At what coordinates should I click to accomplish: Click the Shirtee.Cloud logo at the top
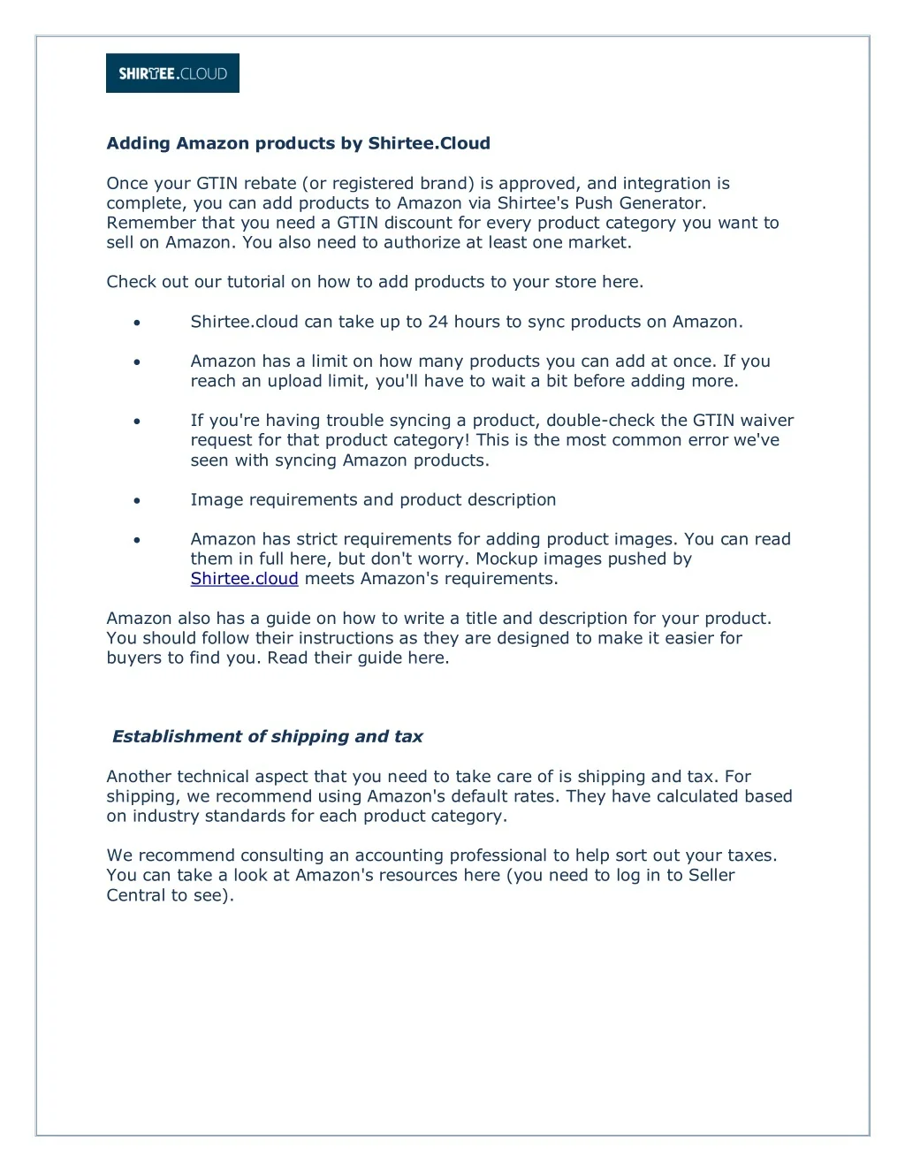tap(172, 73)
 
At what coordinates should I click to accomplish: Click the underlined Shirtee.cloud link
tap(244, 579)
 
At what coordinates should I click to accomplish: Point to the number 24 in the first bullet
tap(438, 322)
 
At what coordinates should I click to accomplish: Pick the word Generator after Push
tap(662, 203)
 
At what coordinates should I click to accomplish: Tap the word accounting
tap(399, 855)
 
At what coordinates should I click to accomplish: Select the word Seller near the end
tap(708, 875)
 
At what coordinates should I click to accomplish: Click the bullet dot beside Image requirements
tap(137, 500)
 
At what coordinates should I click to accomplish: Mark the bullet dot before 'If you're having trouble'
tap(137, 421)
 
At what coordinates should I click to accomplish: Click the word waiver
tap(767, 421)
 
